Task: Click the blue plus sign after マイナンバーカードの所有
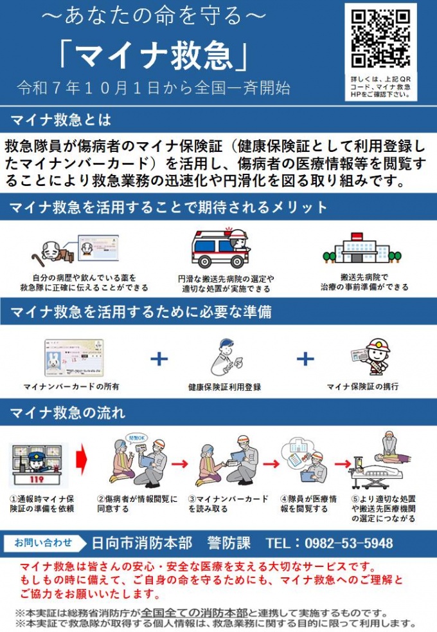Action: pyautogui.click(x=159, y=358)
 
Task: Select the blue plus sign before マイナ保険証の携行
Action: pyautogui.click(x=305, y=358)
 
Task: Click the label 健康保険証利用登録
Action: pyautogui.click(x=224, y=387)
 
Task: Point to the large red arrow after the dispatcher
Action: pyautogui.click(x=82, y=461)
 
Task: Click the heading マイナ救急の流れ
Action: pyautogui.click(x=67, y=411)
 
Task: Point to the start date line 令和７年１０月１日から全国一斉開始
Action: pyautogui.click(x=154, y=88)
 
